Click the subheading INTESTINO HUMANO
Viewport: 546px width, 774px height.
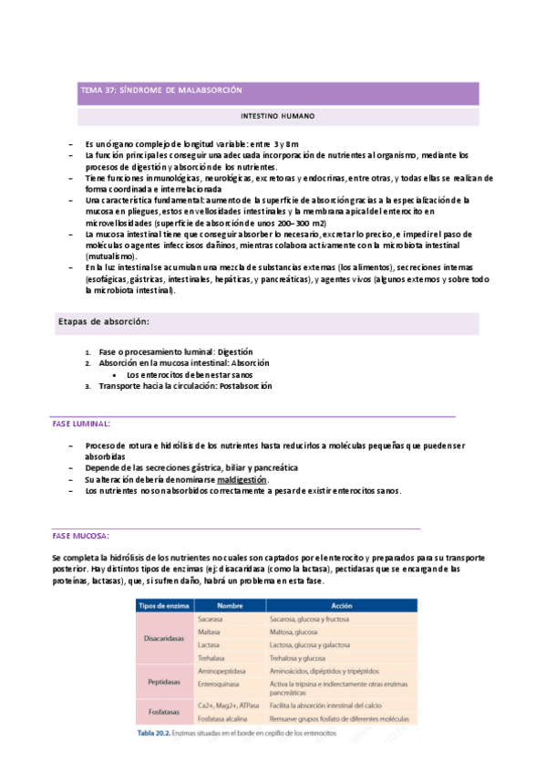[277, 117]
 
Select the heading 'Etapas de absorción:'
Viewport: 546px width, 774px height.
[104, 321]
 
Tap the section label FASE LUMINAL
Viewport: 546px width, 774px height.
[82, 424]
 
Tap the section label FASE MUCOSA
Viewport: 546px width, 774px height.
[81, 535]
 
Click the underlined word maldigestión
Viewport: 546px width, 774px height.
[242, 479]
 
